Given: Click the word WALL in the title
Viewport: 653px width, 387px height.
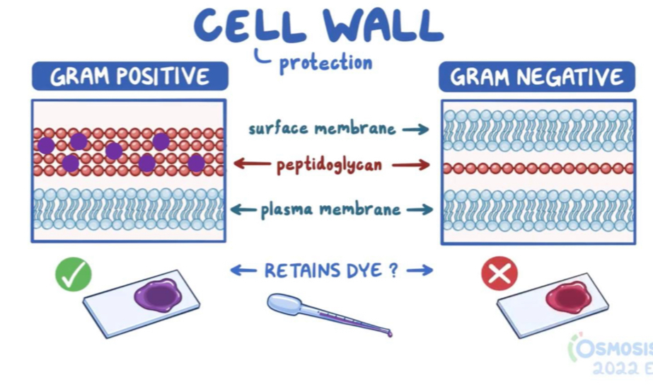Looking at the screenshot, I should (x=383, y=25).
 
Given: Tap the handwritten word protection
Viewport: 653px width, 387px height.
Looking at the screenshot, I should (x=325, y=63).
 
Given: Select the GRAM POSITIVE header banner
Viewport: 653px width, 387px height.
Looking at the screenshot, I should (x=129, y=76).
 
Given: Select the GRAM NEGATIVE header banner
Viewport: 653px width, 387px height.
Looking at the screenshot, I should (x=536, y=76).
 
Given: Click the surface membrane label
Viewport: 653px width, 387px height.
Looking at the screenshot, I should (x=321, y=129).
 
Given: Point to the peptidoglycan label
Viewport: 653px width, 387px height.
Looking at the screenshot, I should (x=330, y=166).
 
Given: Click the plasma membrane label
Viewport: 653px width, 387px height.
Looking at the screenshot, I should (x=330, y=209).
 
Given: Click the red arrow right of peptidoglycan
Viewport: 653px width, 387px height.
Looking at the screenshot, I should (x=410, y=166).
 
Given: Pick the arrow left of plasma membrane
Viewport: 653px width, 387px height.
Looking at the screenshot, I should (x=243, y=209).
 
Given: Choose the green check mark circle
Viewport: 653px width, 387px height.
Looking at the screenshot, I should (x=74, y=275).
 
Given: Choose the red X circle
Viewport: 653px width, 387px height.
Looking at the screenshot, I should (x=499, y=274).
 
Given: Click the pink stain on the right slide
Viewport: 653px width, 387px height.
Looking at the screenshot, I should (x=567, y=297).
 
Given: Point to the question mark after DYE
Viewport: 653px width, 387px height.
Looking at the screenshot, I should (x=393, y=270).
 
